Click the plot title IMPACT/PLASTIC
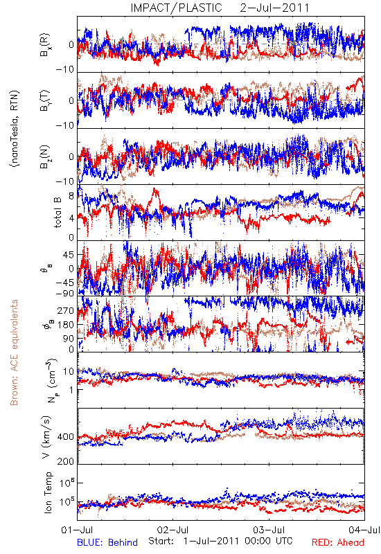(x=176, y=8)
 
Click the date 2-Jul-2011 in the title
(x=274, y=8)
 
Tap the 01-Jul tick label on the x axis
(x=77, y=530)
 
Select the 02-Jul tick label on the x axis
(x=172, y=530)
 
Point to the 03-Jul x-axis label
(x=269, y=530)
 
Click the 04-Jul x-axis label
(x=364, y=530)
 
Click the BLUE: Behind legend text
(x=107, y=542)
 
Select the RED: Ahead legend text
(x=338, y=542)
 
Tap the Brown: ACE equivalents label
(x=14, y=352)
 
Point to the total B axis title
(x=57, y=213)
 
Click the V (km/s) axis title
(x=46, y=437)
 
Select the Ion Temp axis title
(x=48, y=492)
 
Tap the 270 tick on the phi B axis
(x=66, y=310)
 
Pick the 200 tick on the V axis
(x=66, y=461)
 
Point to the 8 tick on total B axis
(x=71, y=196)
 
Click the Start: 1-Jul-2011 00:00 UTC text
(x=220, y=541)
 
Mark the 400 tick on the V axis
(x=66, y=437)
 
